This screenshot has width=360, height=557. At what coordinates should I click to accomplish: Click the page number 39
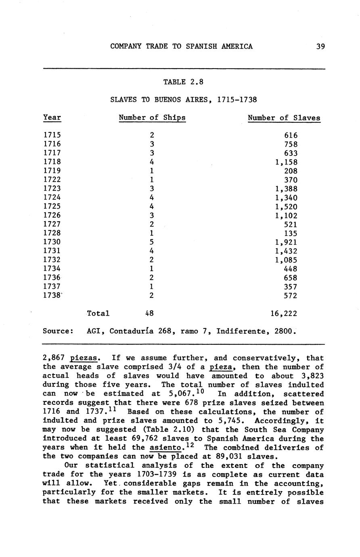320,46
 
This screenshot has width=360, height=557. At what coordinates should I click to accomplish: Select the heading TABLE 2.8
183,82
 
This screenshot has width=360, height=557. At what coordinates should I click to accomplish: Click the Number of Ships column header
152,118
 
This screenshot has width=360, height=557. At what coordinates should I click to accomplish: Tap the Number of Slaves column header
284,118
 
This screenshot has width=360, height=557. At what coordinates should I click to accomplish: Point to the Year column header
52,118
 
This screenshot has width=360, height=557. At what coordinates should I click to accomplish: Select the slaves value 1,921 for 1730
286,242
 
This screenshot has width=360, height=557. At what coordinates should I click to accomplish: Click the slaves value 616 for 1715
291,136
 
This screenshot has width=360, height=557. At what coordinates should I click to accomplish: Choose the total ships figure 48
149,313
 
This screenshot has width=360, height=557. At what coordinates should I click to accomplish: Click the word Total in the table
98,313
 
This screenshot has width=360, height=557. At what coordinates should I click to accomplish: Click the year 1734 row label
52,269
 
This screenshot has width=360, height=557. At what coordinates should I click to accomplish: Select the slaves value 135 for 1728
291,233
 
